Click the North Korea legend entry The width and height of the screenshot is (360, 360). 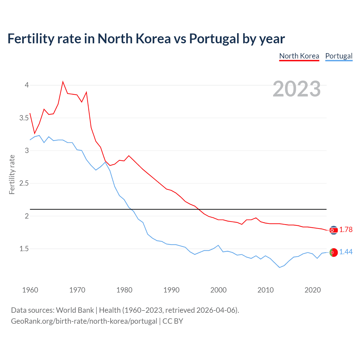(299, 56)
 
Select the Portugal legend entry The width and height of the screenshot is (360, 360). (339, 56)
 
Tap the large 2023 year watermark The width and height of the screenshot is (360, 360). (297, 89)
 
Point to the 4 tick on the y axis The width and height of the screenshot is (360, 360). (27, 85)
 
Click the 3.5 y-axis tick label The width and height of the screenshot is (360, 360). (24, 118)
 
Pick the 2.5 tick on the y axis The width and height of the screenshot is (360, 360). (24, 183)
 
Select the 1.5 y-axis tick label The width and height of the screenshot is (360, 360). (24, 249)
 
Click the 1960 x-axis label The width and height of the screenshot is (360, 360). (30, 290)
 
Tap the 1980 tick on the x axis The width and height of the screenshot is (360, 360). (124, 290)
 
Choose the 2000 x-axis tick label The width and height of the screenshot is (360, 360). (218, 290)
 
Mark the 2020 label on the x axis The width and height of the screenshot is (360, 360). (312, 290)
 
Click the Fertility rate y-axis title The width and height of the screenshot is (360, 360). (12, 174)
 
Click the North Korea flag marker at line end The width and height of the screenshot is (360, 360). (333, 230)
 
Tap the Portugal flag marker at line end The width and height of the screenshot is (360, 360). (333, 253)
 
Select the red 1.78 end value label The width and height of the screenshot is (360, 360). (346, 230)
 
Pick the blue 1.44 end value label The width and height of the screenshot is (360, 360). (346, 252)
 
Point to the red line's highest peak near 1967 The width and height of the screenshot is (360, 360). (63, 82)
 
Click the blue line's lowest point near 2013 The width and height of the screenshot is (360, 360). (280, 267)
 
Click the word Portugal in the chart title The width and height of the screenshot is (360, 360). (214, 39)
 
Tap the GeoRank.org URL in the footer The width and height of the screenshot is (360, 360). (84, 321)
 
